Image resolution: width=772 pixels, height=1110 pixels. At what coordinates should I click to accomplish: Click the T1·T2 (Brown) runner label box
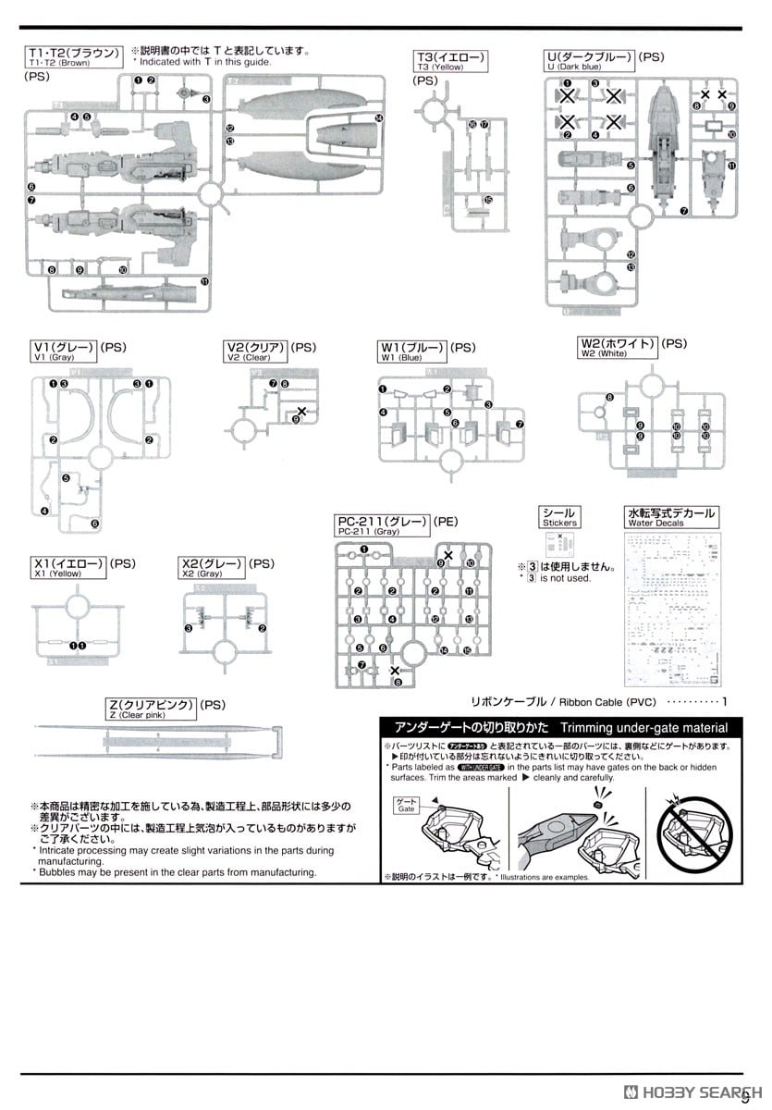pos(74,56)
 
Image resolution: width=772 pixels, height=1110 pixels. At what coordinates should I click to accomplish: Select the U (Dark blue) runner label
pos(590,62)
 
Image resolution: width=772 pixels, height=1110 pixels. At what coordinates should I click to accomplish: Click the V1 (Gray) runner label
pos(64,351)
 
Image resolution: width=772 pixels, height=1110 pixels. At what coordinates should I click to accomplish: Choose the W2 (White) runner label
pos(618,348)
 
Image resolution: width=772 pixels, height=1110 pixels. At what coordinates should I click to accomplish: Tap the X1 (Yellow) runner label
pos(67,567)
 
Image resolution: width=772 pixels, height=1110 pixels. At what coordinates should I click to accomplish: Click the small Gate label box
pos(407,805)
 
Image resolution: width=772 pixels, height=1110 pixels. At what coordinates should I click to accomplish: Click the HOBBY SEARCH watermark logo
pos(689,1089)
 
